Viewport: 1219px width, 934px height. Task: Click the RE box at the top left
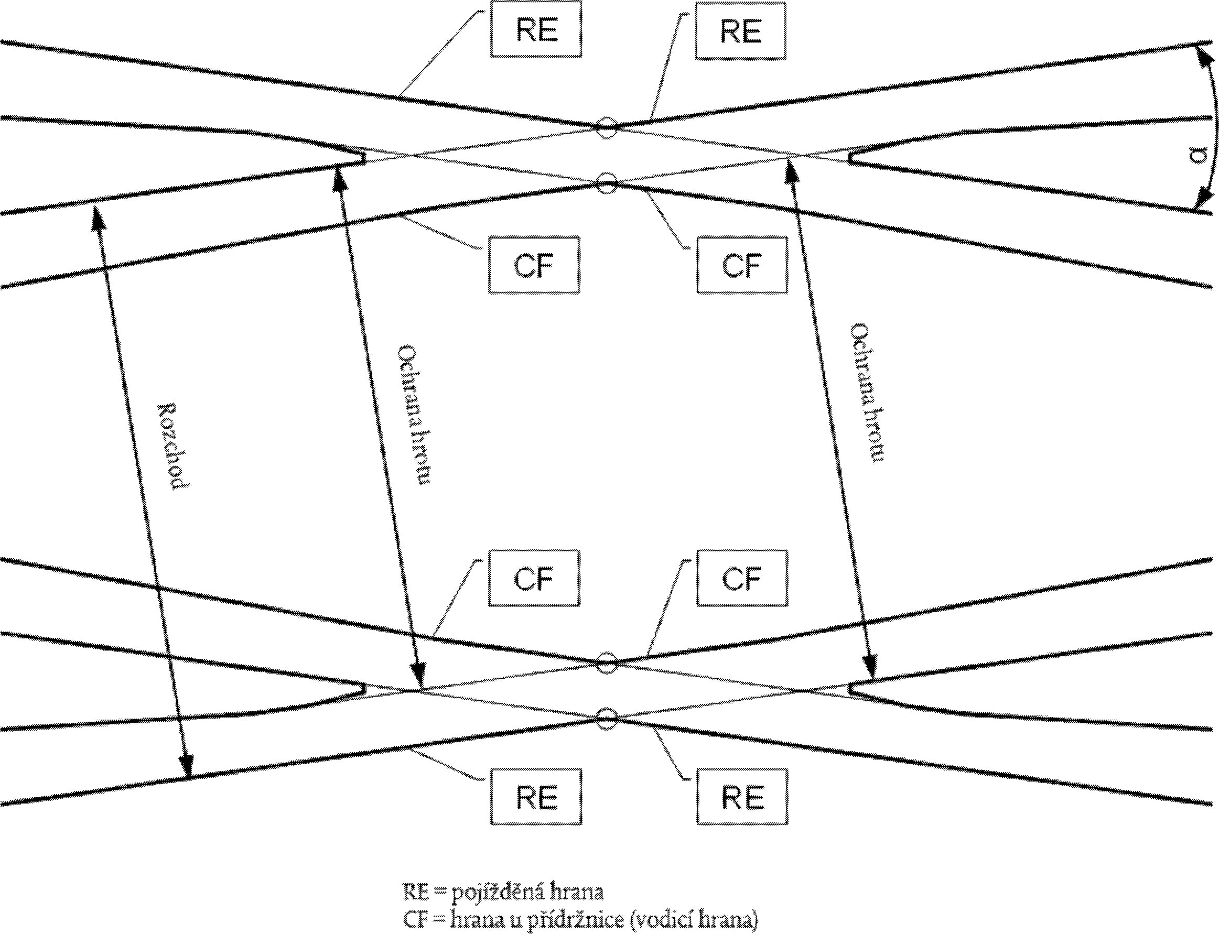click(x=535, y=29)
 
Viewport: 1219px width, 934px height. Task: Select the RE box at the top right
click(x=740, y=30)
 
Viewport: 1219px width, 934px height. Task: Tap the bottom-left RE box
click(x=535, y=797)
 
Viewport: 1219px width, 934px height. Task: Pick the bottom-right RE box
click(x=742, y=797)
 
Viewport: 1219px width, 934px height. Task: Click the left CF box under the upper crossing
click(x=534, y=265)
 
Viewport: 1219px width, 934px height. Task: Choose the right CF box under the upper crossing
click(x=742, y=265)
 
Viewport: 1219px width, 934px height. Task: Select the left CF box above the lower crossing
click(x=534, y=578)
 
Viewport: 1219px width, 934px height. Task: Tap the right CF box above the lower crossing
click(x=742, y=578)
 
